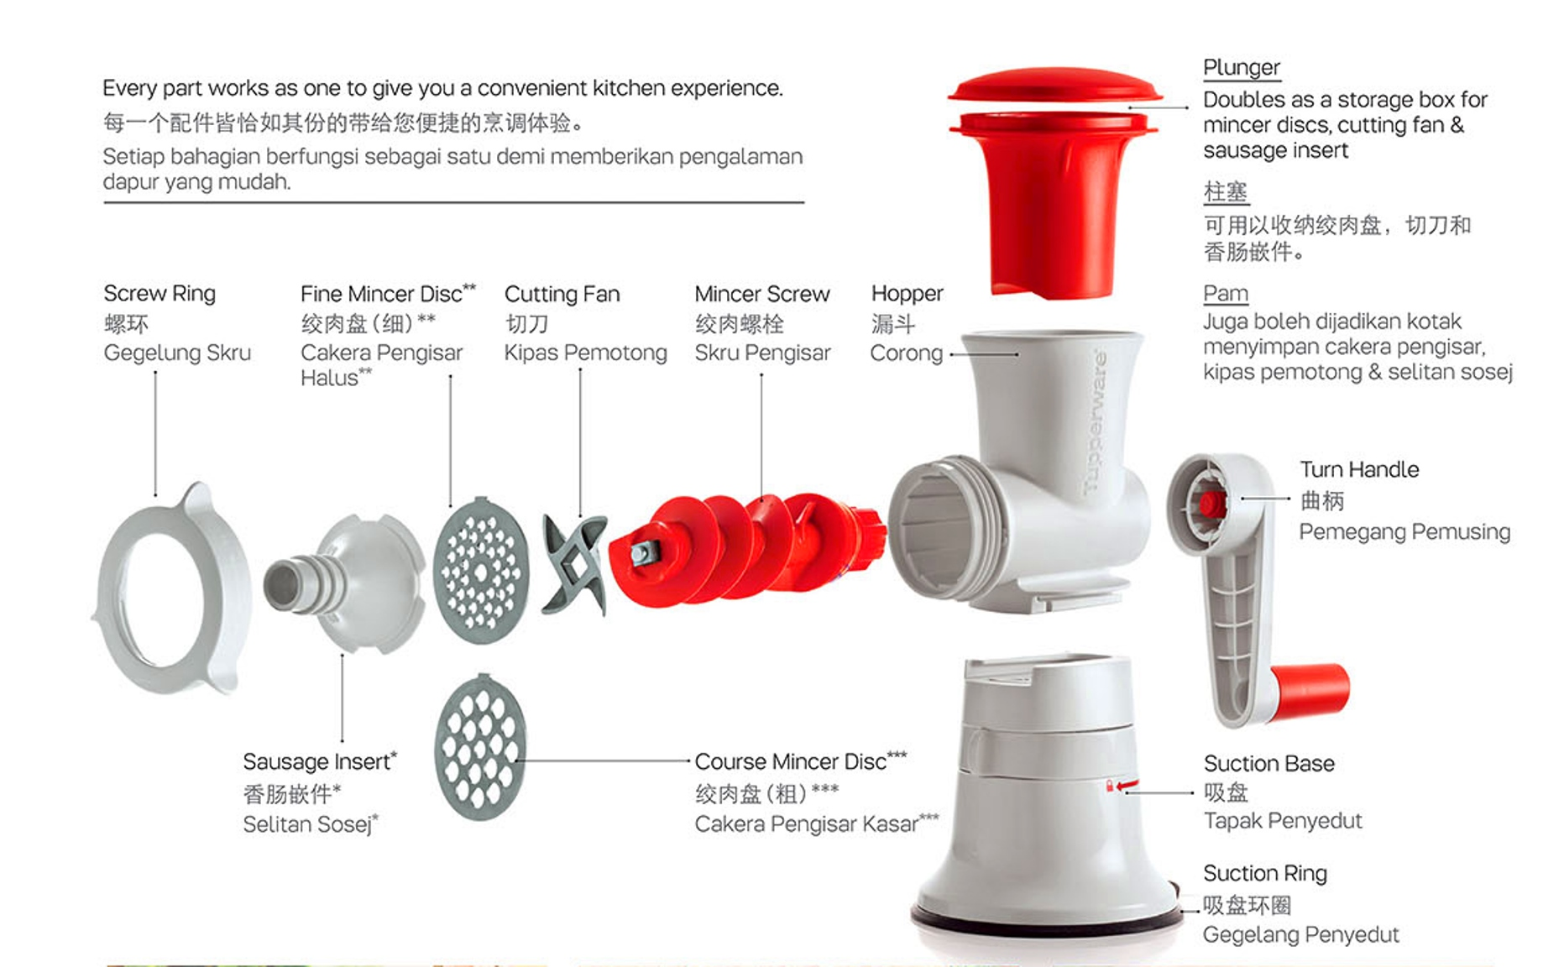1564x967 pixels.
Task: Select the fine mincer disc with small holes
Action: point(481,572)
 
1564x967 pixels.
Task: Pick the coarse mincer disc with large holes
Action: point(480,747)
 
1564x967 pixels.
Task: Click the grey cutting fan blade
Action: point(575,563)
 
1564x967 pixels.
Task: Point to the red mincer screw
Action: point(747,546)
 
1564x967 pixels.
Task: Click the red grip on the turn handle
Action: point(1309,690)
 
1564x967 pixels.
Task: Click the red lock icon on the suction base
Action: point(1110,787)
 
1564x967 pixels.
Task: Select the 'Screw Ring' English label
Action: point(160,294)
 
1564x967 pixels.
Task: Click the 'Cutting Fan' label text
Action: point(562,295)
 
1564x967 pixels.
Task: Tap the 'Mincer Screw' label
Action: point(761,295)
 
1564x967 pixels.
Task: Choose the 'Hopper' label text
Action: point(907,294)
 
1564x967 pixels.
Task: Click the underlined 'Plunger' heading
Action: point(1241,68)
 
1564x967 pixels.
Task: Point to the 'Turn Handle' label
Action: point(1359,470)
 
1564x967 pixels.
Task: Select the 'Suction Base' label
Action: point(1268,764)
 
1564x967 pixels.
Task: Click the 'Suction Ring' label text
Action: point(1264,874)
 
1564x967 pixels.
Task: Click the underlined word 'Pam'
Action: point(1225,294)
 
